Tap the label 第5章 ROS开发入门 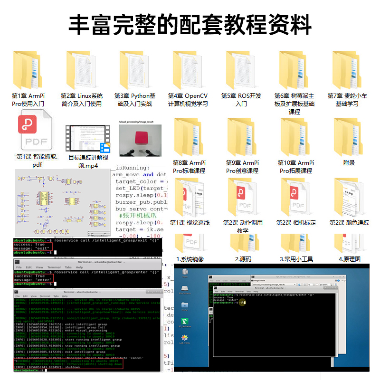click(x=241, y=100)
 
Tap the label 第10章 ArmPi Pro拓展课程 click(x=295, y=167)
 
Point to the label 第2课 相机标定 click(x=296, y=222)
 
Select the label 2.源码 click(x=243, y=259)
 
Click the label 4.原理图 click(x=349, y=259)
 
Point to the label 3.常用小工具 click(x=296, y=259)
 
